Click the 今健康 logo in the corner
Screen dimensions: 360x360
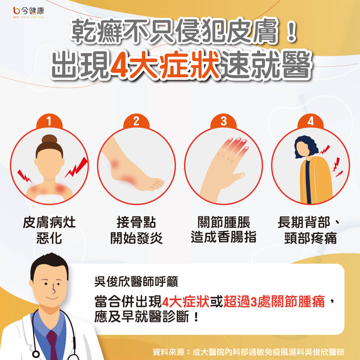[28, 12]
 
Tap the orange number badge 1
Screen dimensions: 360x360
[49, 121]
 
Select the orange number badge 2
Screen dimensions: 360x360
[136, 121]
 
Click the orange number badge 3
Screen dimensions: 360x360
[223, 121]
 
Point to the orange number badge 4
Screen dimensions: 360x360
[310, 121]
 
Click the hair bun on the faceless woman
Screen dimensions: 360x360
[49, 139]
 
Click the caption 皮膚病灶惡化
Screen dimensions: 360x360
[49, 230]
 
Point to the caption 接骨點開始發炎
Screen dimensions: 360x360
[136, 230]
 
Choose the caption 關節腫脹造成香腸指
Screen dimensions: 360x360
[223, 230]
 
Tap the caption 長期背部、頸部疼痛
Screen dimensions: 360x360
[309, 230]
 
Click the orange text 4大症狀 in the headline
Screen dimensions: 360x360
[164, 65]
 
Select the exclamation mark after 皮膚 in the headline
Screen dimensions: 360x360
[291, 32]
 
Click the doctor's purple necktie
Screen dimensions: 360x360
[53, 344]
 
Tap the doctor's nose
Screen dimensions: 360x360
[53, 289]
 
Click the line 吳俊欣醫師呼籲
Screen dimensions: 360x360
[136, 281]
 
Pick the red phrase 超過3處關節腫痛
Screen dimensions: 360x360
[274, 301]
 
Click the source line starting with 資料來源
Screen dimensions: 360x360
[248, 352]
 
